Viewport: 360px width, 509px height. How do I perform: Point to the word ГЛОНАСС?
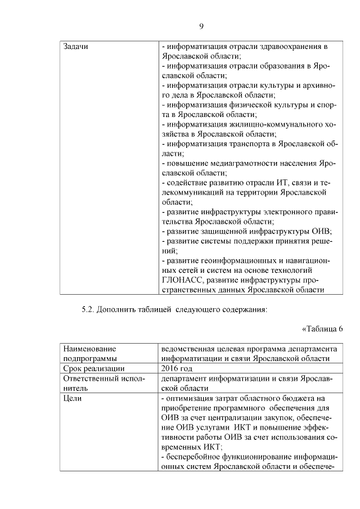[182, 280]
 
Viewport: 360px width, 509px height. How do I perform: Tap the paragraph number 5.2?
[91, 309]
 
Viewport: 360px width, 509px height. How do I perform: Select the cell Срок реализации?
[94, 368]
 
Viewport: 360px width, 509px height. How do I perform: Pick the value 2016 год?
[177, 368]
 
